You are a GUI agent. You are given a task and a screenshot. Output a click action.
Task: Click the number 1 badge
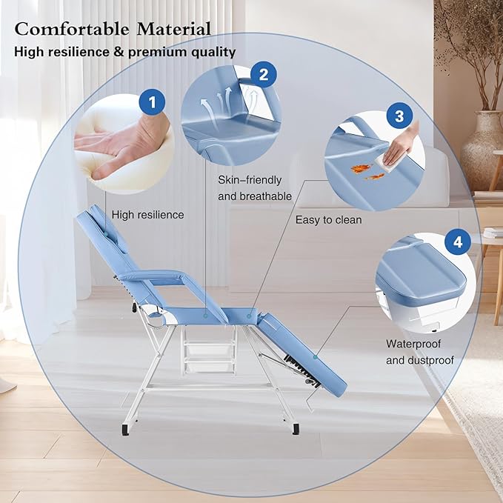coord(153,103)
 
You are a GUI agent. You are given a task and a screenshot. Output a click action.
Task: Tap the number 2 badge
coord(263,74)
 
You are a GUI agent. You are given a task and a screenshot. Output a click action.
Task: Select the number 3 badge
coord(399,116)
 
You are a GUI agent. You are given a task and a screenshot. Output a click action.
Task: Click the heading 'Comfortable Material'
coord(113,29)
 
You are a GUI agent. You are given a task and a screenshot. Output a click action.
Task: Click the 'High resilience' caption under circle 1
coord(147,215)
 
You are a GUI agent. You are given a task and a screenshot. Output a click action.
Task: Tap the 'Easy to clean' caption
coord(328,219)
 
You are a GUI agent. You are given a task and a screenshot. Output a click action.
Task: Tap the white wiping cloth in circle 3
coord(390,156)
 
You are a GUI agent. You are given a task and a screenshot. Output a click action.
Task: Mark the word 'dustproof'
coord(430,361)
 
